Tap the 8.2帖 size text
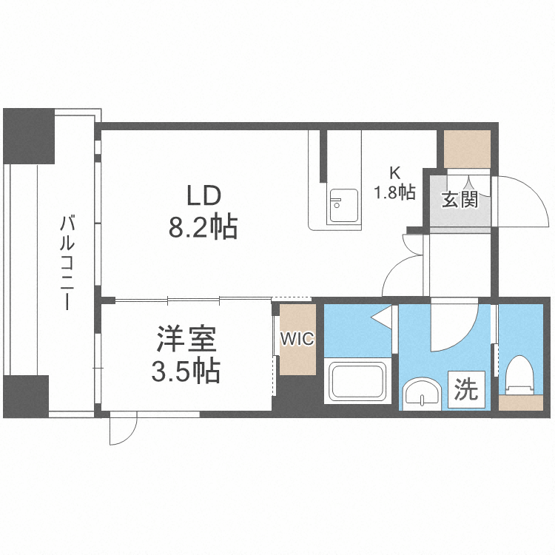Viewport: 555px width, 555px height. coord(203,227)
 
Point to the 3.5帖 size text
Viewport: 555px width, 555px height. coord(185,371)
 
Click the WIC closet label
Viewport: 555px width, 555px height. coord(297,340)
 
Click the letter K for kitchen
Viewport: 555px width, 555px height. coord(394,173)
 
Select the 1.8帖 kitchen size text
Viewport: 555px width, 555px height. coord(394,192)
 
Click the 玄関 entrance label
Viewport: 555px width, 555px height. coord(460,199)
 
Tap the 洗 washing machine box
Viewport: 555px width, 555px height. coord(465,389)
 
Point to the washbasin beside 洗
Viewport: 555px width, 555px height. coord(422,392)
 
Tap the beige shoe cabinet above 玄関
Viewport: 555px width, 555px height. coord(467,149)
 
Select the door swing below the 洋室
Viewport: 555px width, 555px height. coord(123,429)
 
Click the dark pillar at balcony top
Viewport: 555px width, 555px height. coord(29,136)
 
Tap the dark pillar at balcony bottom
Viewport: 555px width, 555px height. coord(26,396)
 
